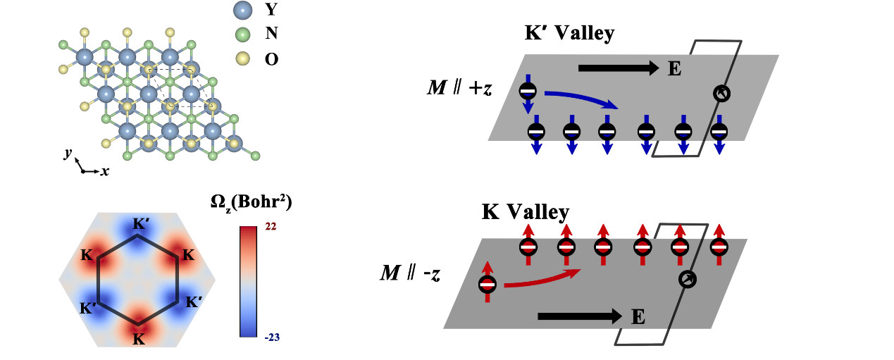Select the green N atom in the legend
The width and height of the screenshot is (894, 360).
[243, 34]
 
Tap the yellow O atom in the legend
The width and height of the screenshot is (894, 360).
[243, 58]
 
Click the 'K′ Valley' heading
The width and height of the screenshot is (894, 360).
[569, 33]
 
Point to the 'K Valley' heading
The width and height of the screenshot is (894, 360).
[526, 211]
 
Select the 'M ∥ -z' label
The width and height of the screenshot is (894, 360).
[410, 272]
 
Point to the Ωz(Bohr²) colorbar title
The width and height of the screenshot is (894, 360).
[251, 203]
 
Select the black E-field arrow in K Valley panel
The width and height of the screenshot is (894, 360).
[578, 316]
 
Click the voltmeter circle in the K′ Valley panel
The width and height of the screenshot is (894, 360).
[719, 94]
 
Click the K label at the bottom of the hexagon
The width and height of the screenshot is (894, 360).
[139, 340]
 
